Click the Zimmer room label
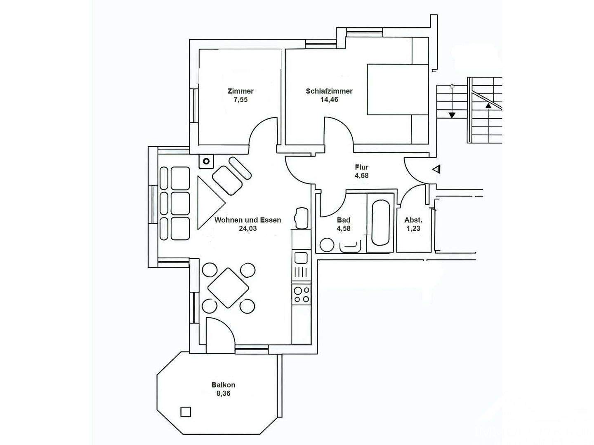click(240, 91)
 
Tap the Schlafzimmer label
click(329, 91)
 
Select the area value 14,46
click(329, 100)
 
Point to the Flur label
click(361, 167)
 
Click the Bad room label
click(344, 220)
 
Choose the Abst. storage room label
click(413, 220)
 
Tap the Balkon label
click(223, 385)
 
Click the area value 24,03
click(247, 229)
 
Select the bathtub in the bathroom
click(381, 222)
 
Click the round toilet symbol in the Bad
click(327, 245)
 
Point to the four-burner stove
click(302, 295)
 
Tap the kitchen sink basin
click(301, 258)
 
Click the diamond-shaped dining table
click(228, 288)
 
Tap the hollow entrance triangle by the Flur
click(437, 169)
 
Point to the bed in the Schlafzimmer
click(398, 89)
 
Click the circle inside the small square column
click(206, 162)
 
